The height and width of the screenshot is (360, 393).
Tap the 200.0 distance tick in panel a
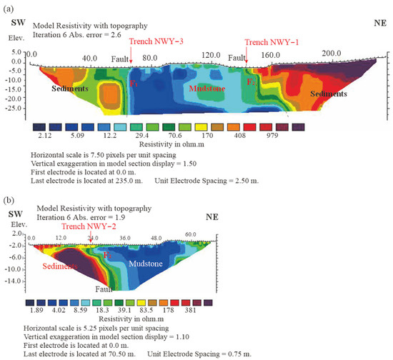click(332, 54)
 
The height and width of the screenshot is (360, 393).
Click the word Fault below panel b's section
click(106, 290)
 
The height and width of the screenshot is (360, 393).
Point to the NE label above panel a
click(377, 22)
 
